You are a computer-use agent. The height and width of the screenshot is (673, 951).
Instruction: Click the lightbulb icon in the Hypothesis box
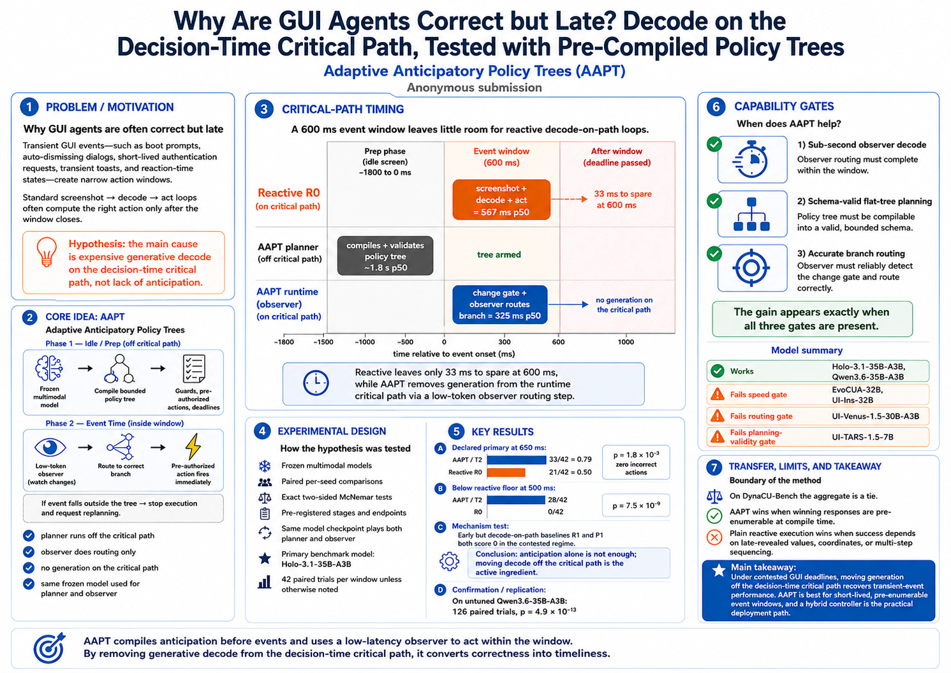(47, 251)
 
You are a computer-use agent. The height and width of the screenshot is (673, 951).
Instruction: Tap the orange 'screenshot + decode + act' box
(501, 200)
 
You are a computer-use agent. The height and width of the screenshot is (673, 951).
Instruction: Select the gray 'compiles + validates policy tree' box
(385, 256)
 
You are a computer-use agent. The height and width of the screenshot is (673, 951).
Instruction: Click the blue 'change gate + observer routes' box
(499, 304)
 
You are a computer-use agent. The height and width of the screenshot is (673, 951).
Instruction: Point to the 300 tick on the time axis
(505, 342)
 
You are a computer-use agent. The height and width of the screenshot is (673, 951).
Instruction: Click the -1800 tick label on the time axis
(284, 342)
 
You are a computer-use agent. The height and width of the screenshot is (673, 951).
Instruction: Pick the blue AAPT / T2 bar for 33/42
(516, 459)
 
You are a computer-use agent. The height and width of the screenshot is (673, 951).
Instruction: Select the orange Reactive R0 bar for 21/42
(506, 472)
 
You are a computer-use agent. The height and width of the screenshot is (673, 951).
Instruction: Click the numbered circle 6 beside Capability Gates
(716, 106)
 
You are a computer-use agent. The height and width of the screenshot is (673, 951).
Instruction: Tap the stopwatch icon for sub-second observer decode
(750, 159)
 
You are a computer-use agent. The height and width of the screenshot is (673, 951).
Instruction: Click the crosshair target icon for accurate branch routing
(751, 268)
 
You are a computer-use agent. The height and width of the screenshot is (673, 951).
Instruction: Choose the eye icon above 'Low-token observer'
(50, 447)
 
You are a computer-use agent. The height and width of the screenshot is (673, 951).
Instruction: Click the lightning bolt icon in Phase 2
(193, 447)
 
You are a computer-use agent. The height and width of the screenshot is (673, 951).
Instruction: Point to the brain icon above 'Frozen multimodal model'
(49, 367)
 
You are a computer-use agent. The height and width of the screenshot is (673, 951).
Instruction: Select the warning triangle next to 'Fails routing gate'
(717, 416)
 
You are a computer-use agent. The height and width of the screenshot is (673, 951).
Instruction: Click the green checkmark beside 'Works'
(718, 371)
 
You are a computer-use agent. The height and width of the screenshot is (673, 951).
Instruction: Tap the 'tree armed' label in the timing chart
(499, 255)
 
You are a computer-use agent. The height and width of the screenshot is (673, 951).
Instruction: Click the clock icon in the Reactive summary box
(316, 383)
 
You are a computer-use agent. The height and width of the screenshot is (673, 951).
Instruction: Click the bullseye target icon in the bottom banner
(49, 648)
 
